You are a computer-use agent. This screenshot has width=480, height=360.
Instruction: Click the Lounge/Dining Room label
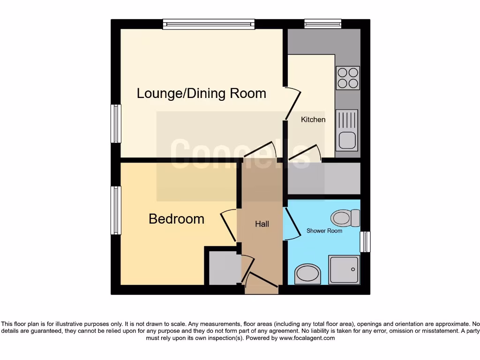pyautogui.click(x=202, y=93)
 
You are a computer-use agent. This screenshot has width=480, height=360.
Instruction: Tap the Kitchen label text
pyautogui.click(x=313, y=120)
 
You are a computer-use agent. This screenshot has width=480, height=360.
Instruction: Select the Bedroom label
pyautogui.click(x=176, y=219)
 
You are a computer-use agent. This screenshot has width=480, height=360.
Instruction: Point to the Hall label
pyautogui.click(x=262, y=224)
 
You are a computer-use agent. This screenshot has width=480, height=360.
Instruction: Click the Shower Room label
pyautogui.click(x=324, y=231)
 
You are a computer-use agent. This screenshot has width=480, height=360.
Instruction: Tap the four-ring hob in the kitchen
pyautogui.click(x=348, y=78)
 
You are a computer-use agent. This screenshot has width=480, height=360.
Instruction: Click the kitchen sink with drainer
pyautogui.click(x=347, y=130)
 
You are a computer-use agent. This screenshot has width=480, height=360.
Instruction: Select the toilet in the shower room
pyautogui.click(x=345, y=218)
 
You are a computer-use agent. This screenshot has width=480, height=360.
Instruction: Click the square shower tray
pyautogui.click(x=345, y=270)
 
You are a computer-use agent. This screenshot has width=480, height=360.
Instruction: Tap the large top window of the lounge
pyautogui.click(x=209, y=24)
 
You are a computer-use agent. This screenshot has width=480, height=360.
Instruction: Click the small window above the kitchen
pyautogui.click(x=322, y=24)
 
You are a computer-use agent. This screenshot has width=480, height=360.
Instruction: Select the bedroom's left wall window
pyautogui.click(x=116, y=210)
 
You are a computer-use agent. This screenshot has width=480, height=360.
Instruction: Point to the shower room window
pyautogui.click(x=365, y=242)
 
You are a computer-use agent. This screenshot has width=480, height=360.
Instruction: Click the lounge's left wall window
pyautogui.click(x=116, y=123)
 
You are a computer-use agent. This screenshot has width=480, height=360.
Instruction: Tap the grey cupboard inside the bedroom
pyautogui.click(x=223, y=268)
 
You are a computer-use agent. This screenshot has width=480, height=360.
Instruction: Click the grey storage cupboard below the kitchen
pyautogui.click(x=324, y=178)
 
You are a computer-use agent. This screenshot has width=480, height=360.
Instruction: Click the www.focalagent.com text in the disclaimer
pyautogui.click(x=307, y=338)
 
